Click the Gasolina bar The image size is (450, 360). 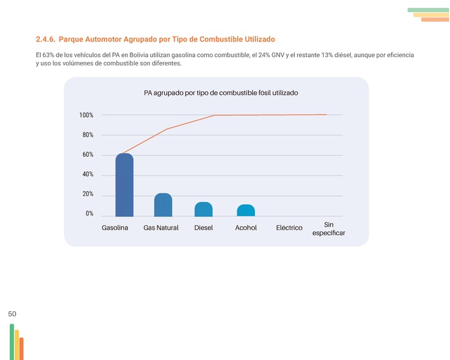(124, 185)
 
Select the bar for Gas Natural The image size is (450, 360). (163, 205)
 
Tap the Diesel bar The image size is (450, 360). (203, 209)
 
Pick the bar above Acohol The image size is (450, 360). (246, 210)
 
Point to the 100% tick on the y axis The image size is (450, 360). (86, 115)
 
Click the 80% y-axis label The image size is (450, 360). (88, 135)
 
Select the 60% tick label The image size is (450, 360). (88, 155)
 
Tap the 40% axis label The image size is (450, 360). (88, 175)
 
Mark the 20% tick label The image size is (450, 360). (88, 195)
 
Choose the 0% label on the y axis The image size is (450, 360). (90, 214)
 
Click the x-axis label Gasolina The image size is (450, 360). (115, 228)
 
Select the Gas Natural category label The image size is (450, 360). (161, 228)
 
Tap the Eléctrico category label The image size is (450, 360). (289, 228)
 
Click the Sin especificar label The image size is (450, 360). (329, 228)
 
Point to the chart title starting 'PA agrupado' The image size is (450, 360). (221, 93)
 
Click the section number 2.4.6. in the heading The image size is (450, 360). (46, 40)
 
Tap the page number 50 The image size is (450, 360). (12, 314)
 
